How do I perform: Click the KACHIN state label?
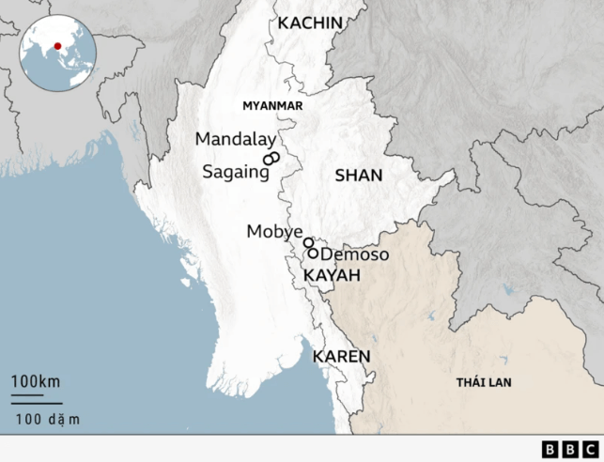(310, 23)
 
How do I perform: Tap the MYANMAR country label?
(272, 106)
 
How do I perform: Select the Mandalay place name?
(235, 139)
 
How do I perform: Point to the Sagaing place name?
(235, 173)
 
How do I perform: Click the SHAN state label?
(359, 176)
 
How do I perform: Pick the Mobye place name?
(274, 232)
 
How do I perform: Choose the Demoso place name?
(355, 254)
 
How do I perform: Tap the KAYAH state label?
(332, 275)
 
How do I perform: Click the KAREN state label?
(341, 357)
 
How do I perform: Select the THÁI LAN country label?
(484, 383)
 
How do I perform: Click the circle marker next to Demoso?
(314, 254)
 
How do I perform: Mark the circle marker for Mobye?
(308, 242)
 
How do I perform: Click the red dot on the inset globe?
(57, 46)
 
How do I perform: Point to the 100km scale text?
(36, 382)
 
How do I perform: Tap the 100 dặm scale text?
(48, 419)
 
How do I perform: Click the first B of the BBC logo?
(550, 449)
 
